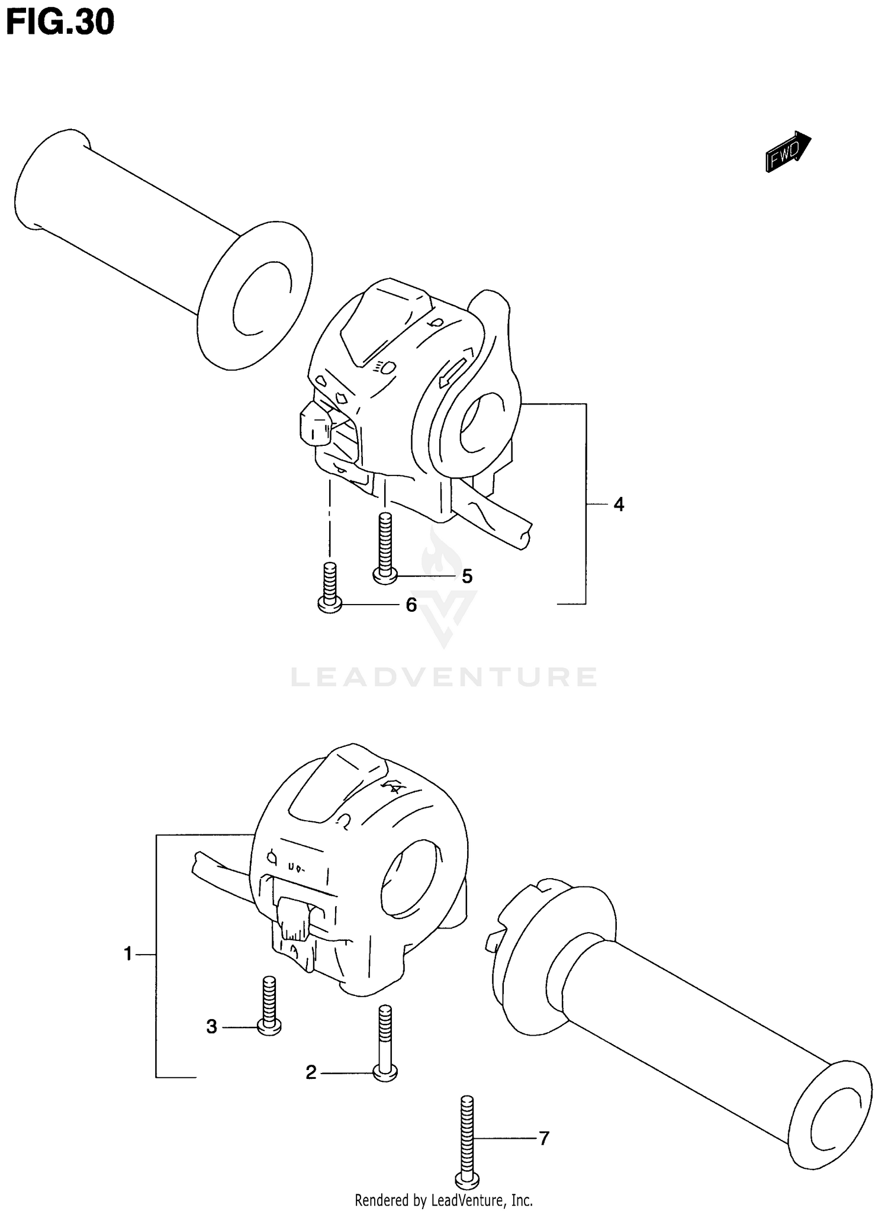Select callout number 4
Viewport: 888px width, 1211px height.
click(619, 505)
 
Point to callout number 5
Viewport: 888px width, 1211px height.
click(467, 576)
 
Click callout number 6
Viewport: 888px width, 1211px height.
click(411, 605)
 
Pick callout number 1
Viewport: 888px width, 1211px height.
click(128, 954)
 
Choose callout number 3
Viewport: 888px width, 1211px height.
click(212, 1026)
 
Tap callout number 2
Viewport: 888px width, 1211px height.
click(311, 1072)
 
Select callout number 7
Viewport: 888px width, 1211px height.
click(543, 1138)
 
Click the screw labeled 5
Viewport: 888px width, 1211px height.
click(385, 548)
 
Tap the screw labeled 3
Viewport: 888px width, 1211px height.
click(269, 1005)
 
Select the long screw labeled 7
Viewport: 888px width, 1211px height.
click(467, 1133)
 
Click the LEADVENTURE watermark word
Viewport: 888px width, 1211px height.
click(444, 676)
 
